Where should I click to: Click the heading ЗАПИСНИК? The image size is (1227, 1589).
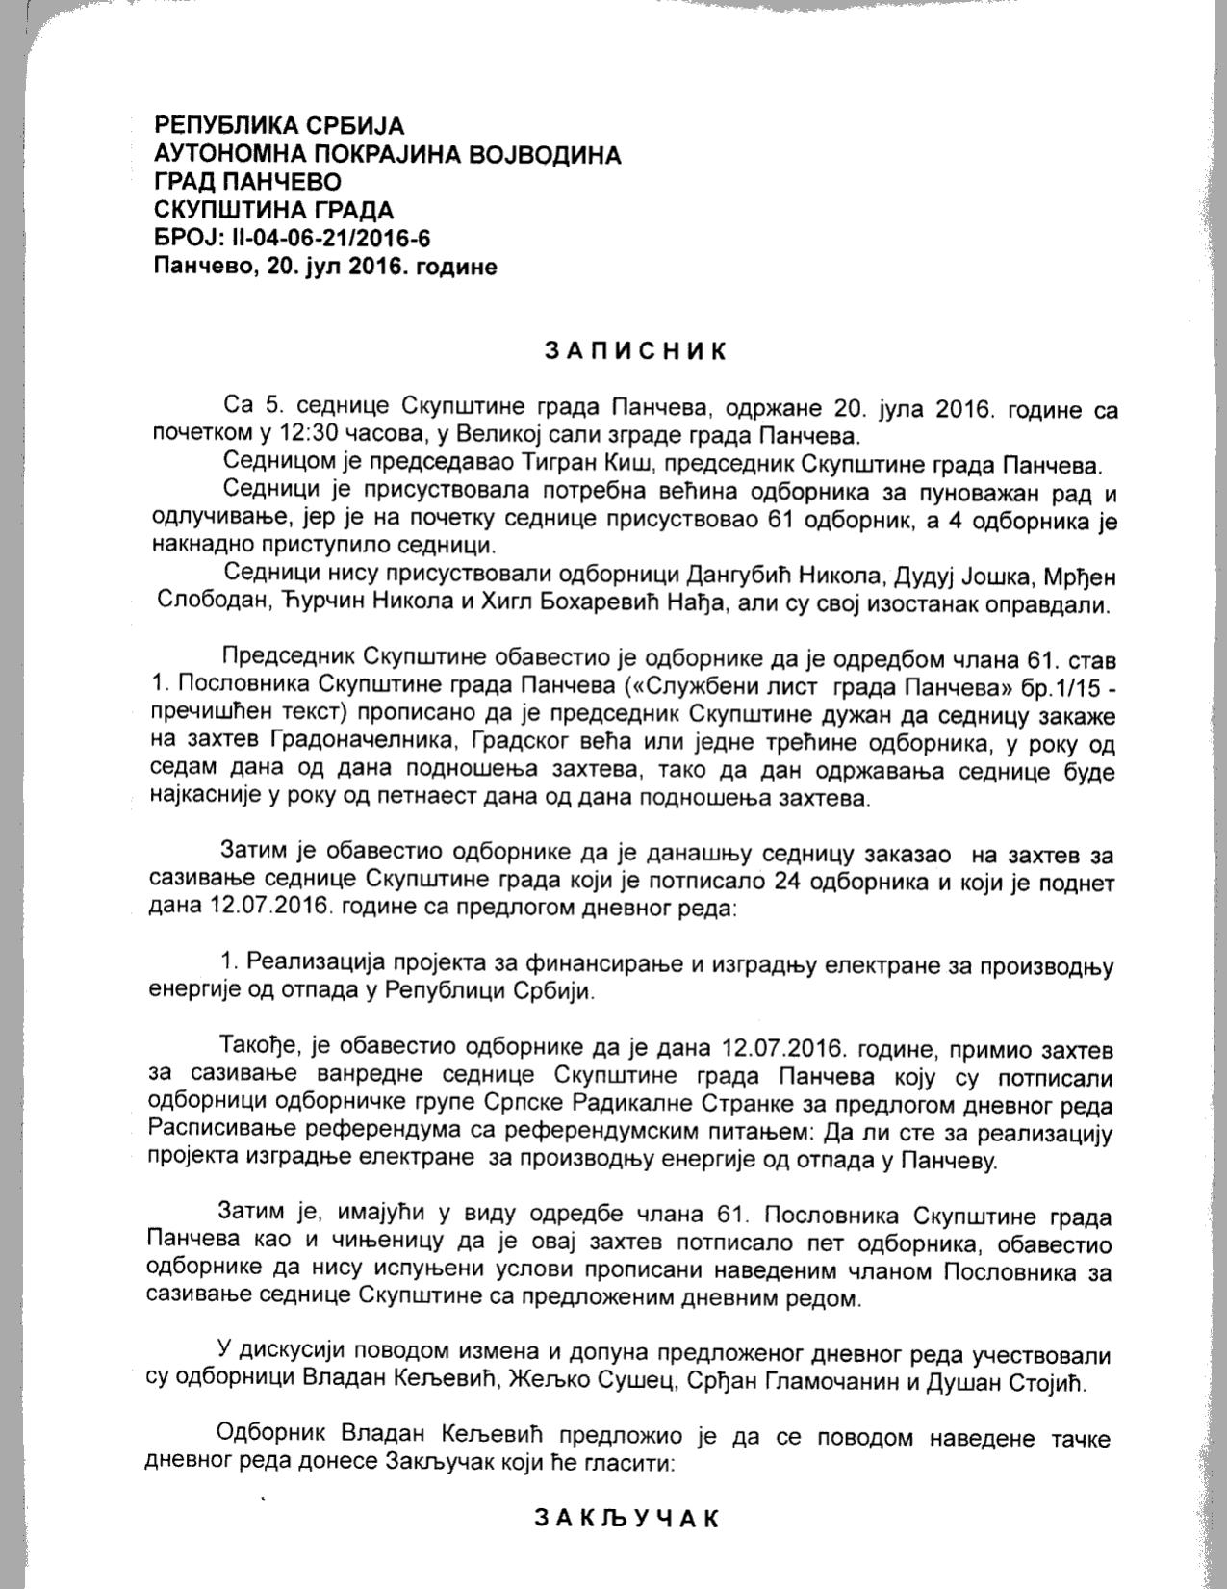coord(636,350)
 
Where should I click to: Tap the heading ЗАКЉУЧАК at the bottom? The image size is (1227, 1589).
coord(626,1520)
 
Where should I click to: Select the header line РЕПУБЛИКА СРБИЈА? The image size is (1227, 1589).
coord(279,126)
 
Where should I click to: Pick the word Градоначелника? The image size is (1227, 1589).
coord(349,745)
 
